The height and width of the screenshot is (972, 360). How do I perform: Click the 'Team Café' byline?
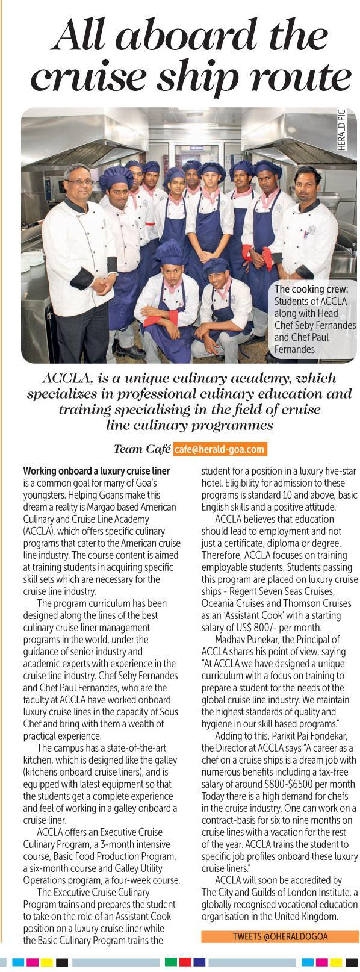141,449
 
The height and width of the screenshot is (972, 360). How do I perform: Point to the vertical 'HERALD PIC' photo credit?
342,129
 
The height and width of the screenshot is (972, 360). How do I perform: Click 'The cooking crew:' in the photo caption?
311,290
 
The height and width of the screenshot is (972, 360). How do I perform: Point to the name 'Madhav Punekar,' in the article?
246,640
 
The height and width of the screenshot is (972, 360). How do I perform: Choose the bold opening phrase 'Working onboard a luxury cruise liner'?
96,470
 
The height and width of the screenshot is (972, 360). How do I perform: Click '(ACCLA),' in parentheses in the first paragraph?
41,531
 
